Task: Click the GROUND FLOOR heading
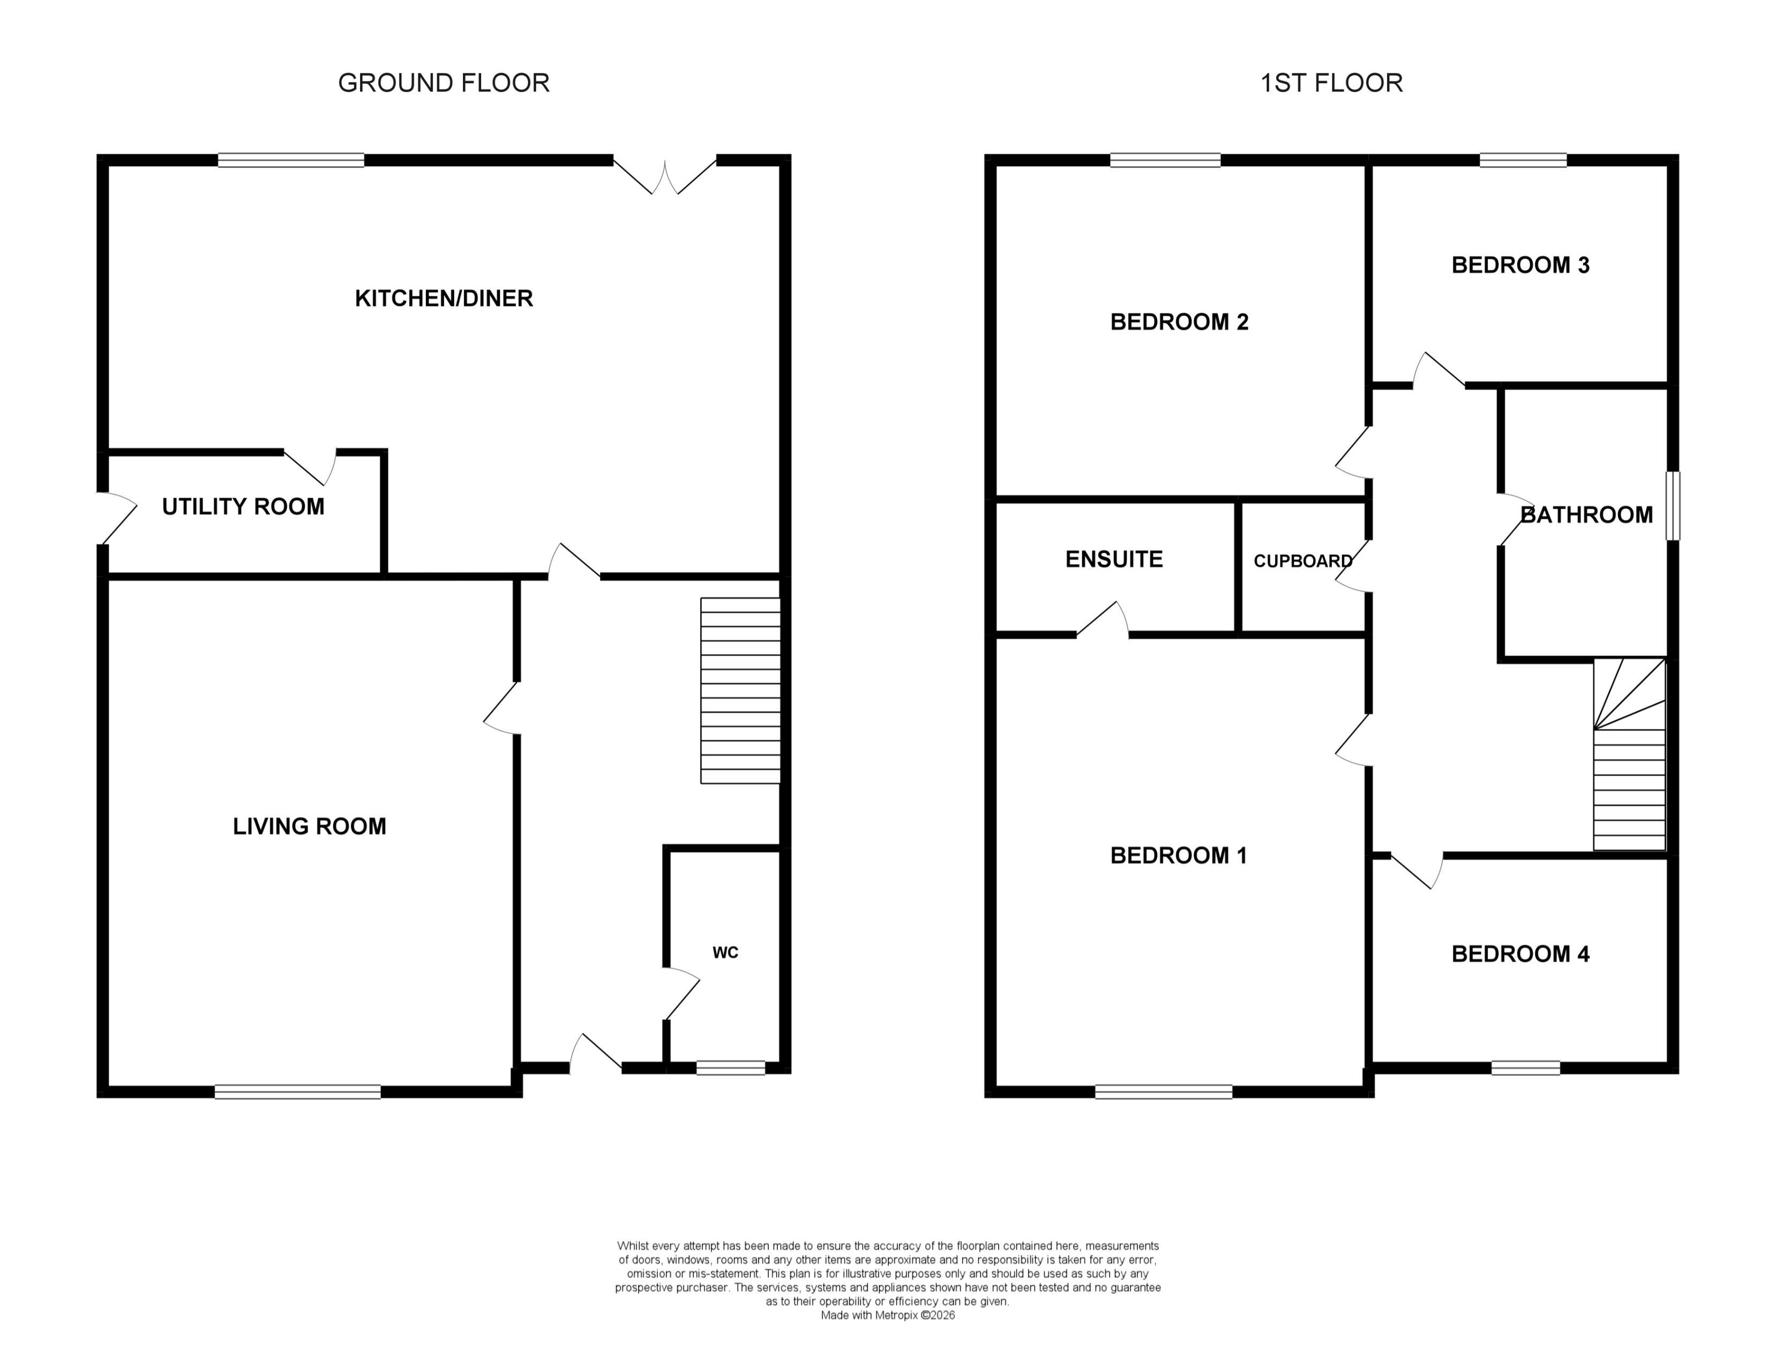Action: tap(444, 82)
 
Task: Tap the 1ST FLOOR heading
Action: tap(1331, 82)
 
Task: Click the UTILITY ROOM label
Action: tap(243, 507)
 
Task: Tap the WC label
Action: tap(725, 953)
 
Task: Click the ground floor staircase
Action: tap(740, 691)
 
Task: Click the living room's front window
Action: tap(297, 1091)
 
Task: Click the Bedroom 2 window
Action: tap(1165, 160)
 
